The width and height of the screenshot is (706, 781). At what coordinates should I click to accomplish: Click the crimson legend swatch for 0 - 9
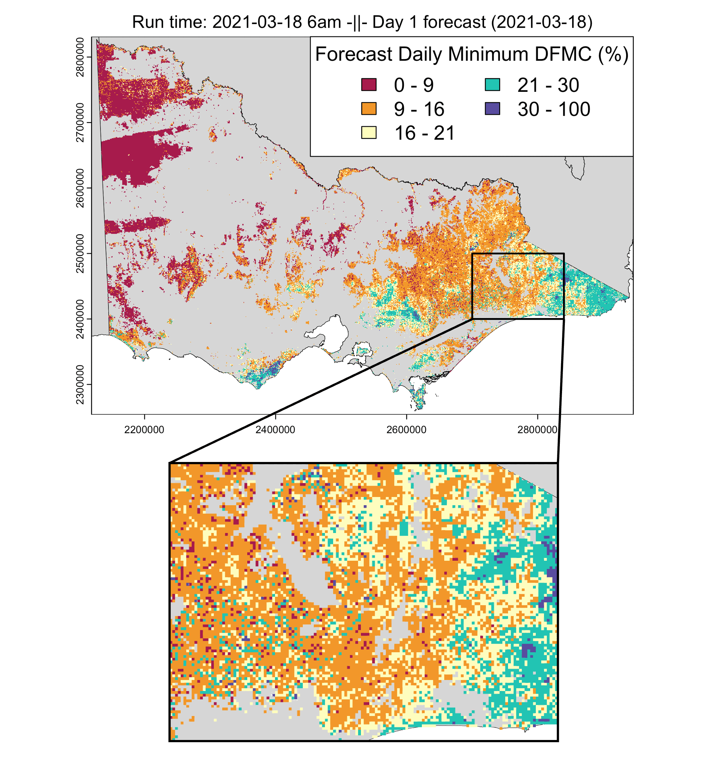click(369, 85)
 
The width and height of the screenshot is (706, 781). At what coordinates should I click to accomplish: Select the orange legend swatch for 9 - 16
click(369, 109)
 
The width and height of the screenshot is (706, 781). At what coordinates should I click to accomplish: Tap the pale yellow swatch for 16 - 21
click(369, 133)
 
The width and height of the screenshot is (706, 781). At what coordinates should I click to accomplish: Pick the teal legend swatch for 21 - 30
click(492, 85)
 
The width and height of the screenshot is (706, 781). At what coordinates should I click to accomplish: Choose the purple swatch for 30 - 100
click(492, 109)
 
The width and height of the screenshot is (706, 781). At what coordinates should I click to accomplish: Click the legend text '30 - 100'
click(553, 109)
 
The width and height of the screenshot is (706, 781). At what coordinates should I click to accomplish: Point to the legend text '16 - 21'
click(424, 133)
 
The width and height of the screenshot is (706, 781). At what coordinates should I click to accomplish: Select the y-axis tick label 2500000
click(80, 253)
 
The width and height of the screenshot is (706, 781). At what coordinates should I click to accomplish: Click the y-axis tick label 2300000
click(80, 384)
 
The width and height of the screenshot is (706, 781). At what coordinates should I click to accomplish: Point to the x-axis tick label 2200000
click(144, 429)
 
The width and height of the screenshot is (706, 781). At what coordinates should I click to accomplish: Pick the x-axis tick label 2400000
click(275, 429)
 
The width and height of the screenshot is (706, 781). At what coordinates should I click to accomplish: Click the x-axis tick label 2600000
click(406, 429)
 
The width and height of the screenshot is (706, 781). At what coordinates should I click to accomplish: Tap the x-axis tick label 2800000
click(537, 429)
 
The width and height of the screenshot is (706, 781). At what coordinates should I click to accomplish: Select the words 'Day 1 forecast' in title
click(429, 22)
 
